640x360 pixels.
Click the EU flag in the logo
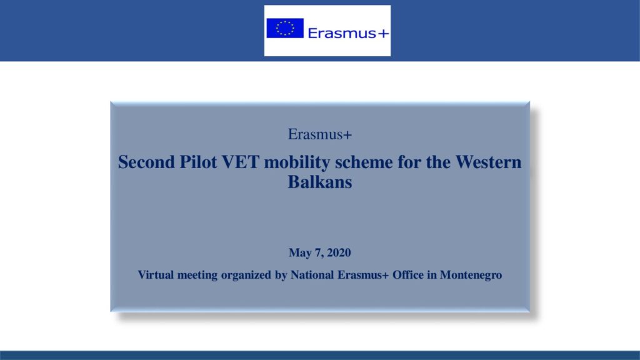tap(285, 28)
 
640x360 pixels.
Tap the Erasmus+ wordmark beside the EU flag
tap(348, 33)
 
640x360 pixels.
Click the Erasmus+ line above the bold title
tap(319, 134)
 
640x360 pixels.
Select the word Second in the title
tap(146, 162)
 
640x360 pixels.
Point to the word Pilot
tap(198, 162)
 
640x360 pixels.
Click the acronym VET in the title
tap(241, 162)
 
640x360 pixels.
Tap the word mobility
tap(297, 163)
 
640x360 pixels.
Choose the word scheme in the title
tap(364, 162)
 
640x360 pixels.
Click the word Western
tap(488, 162)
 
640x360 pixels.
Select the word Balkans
tap(319, 182)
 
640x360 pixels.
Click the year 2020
tap(339, 252)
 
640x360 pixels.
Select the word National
tap(312, 275)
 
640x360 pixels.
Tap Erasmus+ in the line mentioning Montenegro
tap(363, 275)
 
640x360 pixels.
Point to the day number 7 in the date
tap(318, 253)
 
